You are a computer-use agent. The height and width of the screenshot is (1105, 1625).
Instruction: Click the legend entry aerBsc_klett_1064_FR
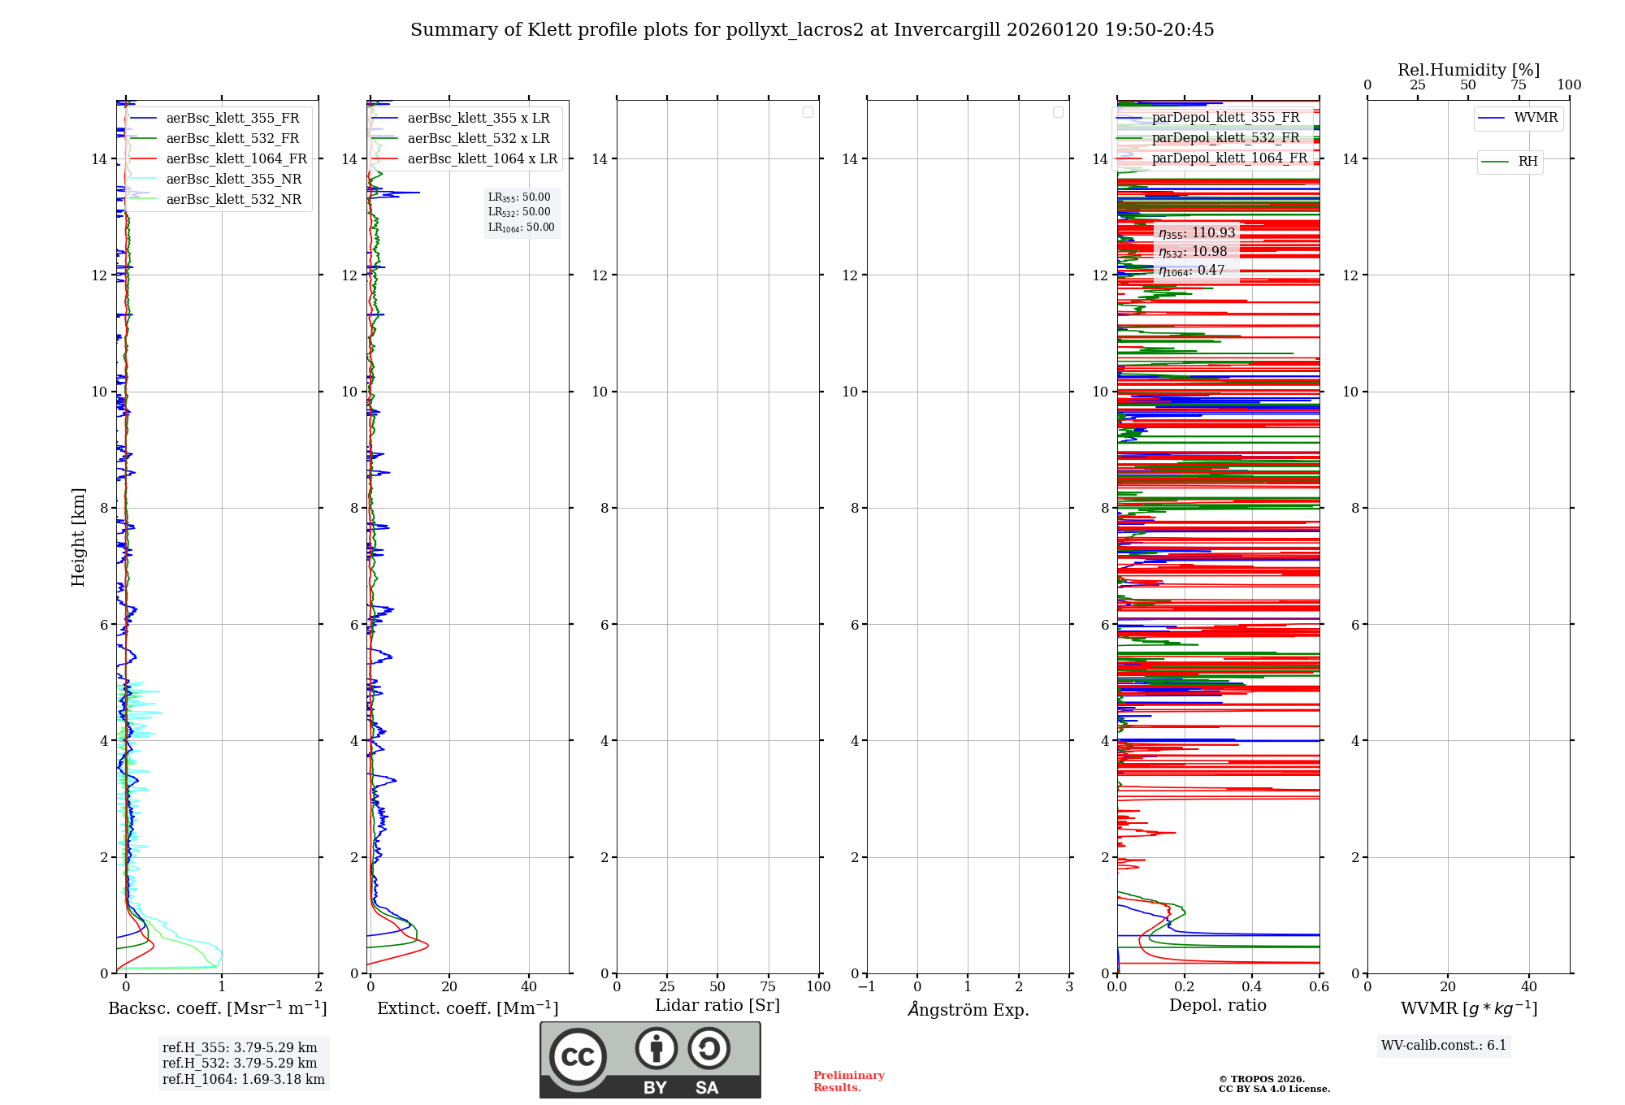coord(236,159)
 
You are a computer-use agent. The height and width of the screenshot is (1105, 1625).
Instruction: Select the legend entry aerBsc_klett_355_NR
coord(233,180)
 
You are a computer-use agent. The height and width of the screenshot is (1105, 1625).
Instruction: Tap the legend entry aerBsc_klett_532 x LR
coord(479,139)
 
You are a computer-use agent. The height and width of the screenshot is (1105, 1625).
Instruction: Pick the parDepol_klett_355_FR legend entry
coord(1225,118)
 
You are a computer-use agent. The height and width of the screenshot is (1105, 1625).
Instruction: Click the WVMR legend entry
coord(1536,118)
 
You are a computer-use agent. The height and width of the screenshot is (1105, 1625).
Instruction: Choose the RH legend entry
coord(1527,162)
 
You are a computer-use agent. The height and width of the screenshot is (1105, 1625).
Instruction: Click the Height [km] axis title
coord(78,537)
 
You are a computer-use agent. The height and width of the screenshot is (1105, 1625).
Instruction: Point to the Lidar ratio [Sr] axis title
coord(717,1006)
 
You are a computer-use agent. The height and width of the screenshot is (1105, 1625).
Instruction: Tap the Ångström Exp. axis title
coord(968,1010)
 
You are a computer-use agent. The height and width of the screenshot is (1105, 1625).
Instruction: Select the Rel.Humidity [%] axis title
coord(1468,70)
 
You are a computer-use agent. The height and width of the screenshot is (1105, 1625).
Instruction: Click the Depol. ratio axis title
coord(1217,1006)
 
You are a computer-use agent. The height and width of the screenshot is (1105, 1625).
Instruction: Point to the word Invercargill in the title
coord(947,30)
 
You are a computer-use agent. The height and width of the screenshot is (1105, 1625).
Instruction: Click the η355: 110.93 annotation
coord(1197,233)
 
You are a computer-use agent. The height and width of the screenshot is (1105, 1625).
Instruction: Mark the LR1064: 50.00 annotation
coord(521,227)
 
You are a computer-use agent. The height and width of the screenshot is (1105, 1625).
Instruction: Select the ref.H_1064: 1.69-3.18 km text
coord(243,1080)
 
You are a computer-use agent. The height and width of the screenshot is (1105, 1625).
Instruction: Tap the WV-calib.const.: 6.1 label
coord(1444,1046)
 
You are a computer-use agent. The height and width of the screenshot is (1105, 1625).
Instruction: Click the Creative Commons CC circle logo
coord(578,1057)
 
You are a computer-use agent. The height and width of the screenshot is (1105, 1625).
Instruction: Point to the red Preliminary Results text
coord(848,1081)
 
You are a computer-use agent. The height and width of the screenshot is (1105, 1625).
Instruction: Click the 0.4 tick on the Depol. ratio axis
coord(1252,987)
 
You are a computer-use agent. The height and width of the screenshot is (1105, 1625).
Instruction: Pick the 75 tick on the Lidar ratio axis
coord(768,987)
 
